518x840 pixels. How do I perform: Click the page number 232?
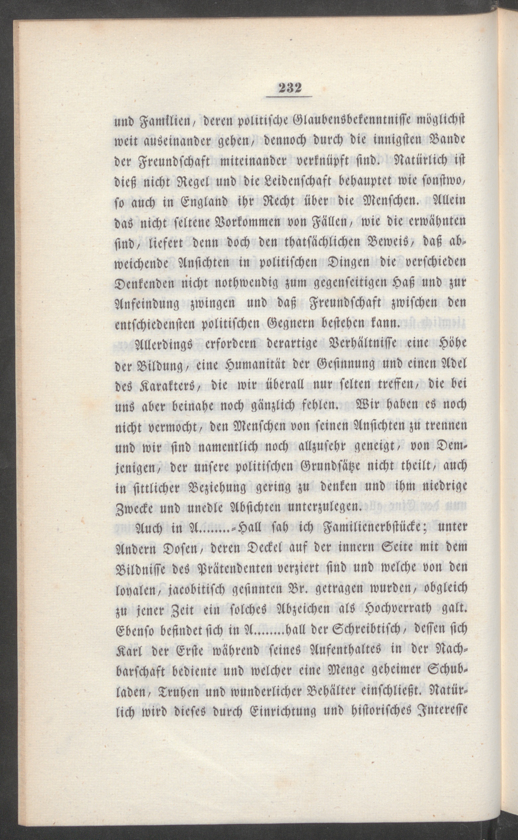click(x=289, y=88)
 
